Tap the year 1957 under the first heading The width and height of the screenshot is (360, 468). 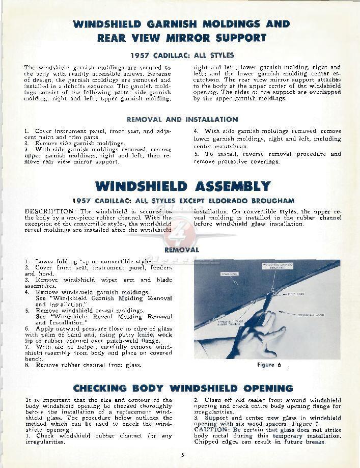click(142, 55)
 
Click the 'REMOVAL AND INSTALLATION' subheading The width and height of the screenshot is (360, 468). click(182, 120)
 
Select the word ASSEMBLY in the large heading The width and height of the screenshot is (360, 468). click(228, 186)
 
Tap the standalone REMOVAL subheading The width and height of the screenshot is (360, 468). click(182, 250)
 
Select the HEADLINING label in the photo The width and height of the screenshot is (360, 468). click(229, 274)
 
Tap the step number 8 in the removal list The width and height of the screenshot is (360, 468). click(26, 365)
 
